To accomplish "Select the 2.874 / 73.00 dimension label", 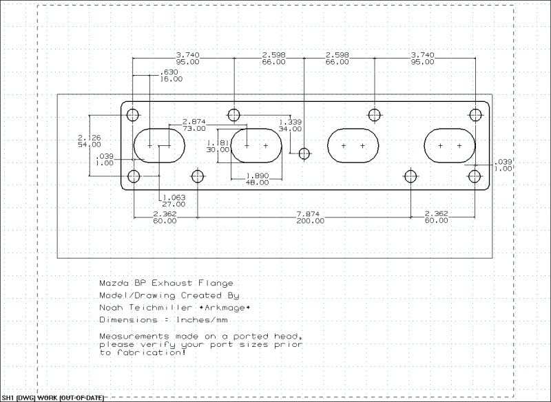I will [194, 125].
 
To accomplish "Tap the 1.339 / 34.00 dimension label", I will [290, 125].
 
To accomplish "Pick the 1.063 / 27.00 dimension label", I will [174, 200].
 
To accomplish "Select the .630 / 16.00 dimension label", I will [171, 76].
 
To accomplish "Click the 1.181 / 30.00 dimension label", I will [218, 146].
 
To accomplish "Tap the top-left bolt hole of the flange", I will [134, 114].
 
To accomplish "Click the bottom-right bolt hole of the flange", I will [475, 176].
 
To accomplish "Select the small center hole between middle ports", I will [303, 153].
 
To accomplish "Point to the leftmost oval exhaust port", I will [159, 145].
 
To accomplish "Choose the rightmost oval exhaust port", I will [449, 145].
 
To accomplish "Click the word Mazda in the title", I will [114, 283].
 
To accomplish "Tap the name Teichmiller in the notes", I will [164, 307].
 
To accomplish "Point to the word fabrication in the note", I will [154, 352].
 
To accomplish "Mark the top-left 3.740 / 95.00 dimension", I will [187, 58].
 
